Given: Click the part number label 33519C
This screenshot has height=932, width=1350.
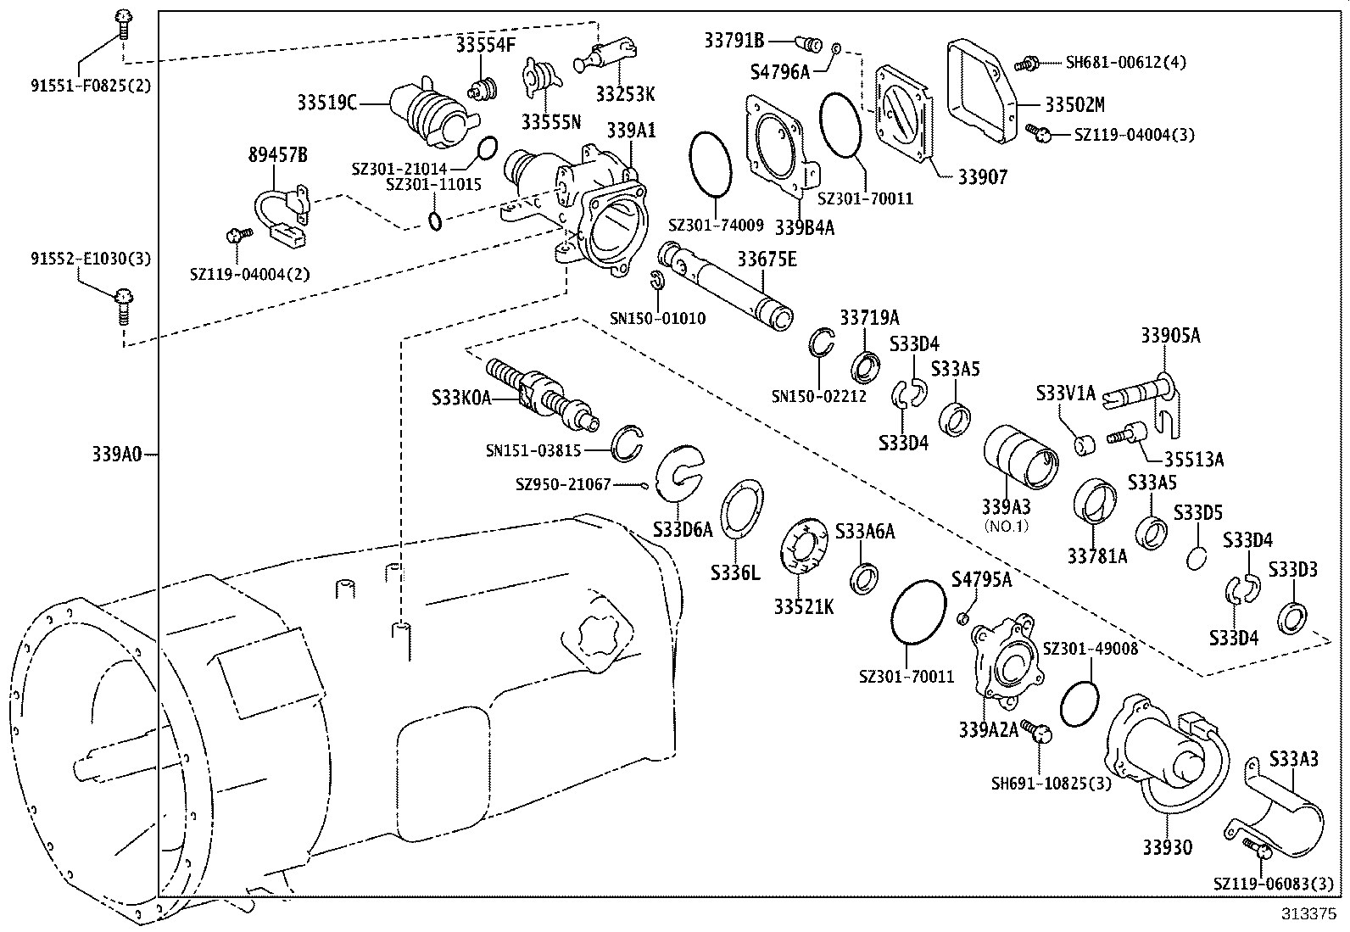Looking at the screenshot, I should (x=326, y=103).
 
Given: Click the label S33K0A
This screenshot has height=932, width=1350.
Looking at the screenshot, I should (x=461, y=397).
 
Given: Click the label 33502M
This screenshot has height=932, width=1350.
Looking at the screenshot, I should (x=1074, y=104).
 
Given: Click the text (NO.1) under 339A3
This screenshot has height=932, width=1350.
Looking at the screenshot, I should (x=1006, y=526).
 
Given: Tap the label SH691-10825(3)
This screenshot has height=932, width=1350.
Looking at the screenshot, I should (x=1051, y=783).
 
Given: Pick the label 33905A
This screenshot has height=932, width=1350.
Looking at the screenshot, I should (x=1170, y=335).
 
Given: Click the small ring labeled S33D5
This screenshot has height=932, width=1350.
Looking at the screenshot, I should (x=1197, y=557).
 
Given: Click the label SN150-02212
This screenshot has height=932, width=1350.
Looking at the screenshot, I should (x=818, y=395).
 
